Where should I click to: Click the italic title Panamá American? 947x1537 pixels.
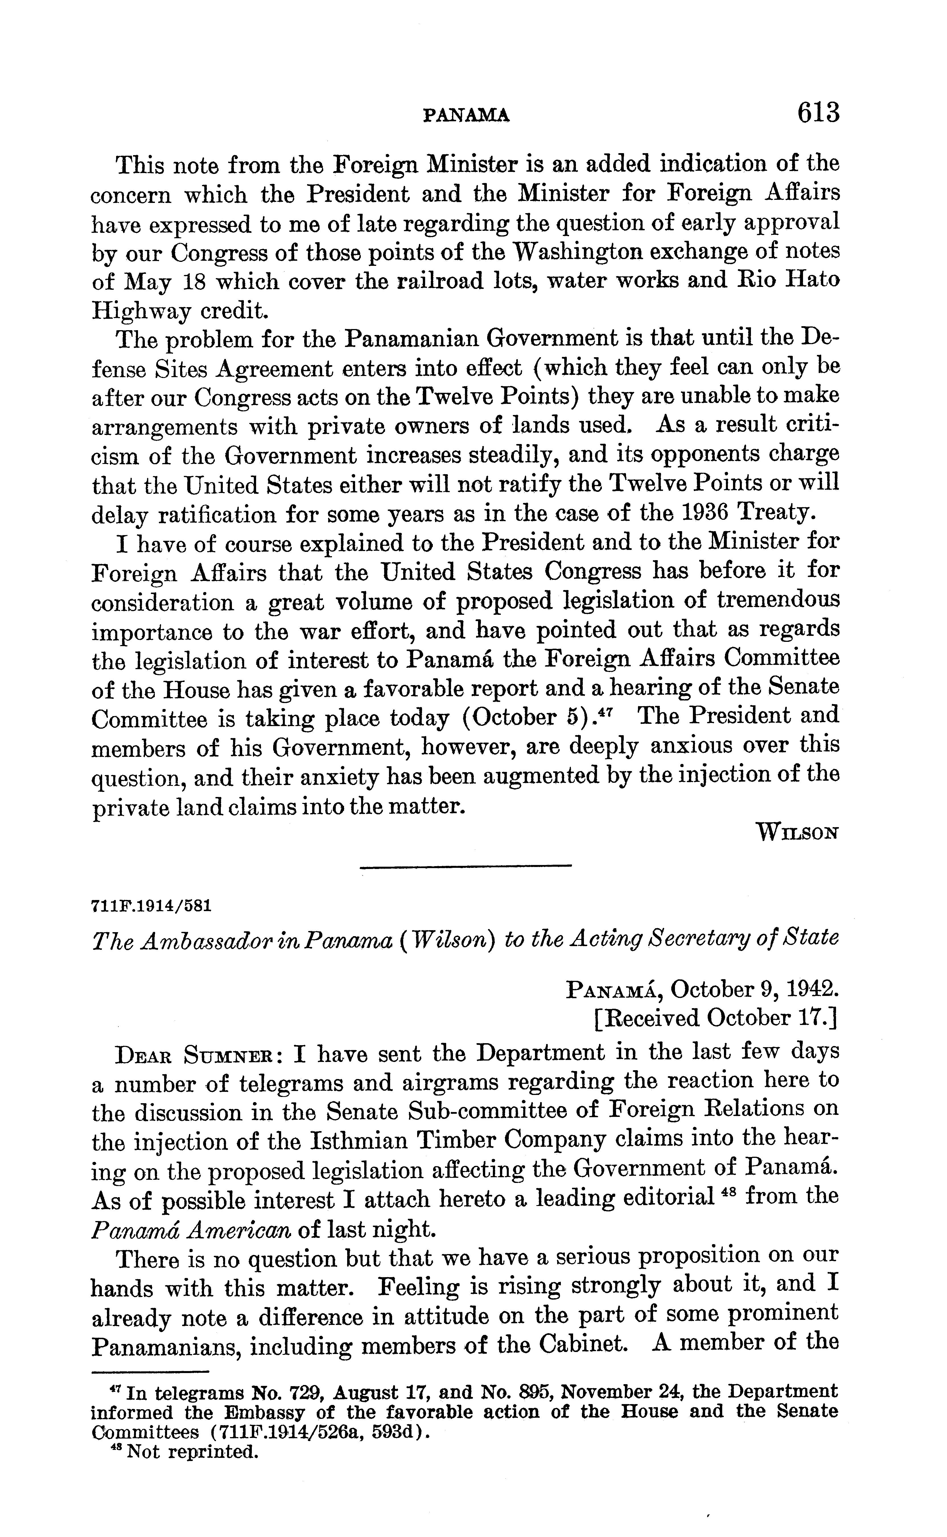point(191,1230)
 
